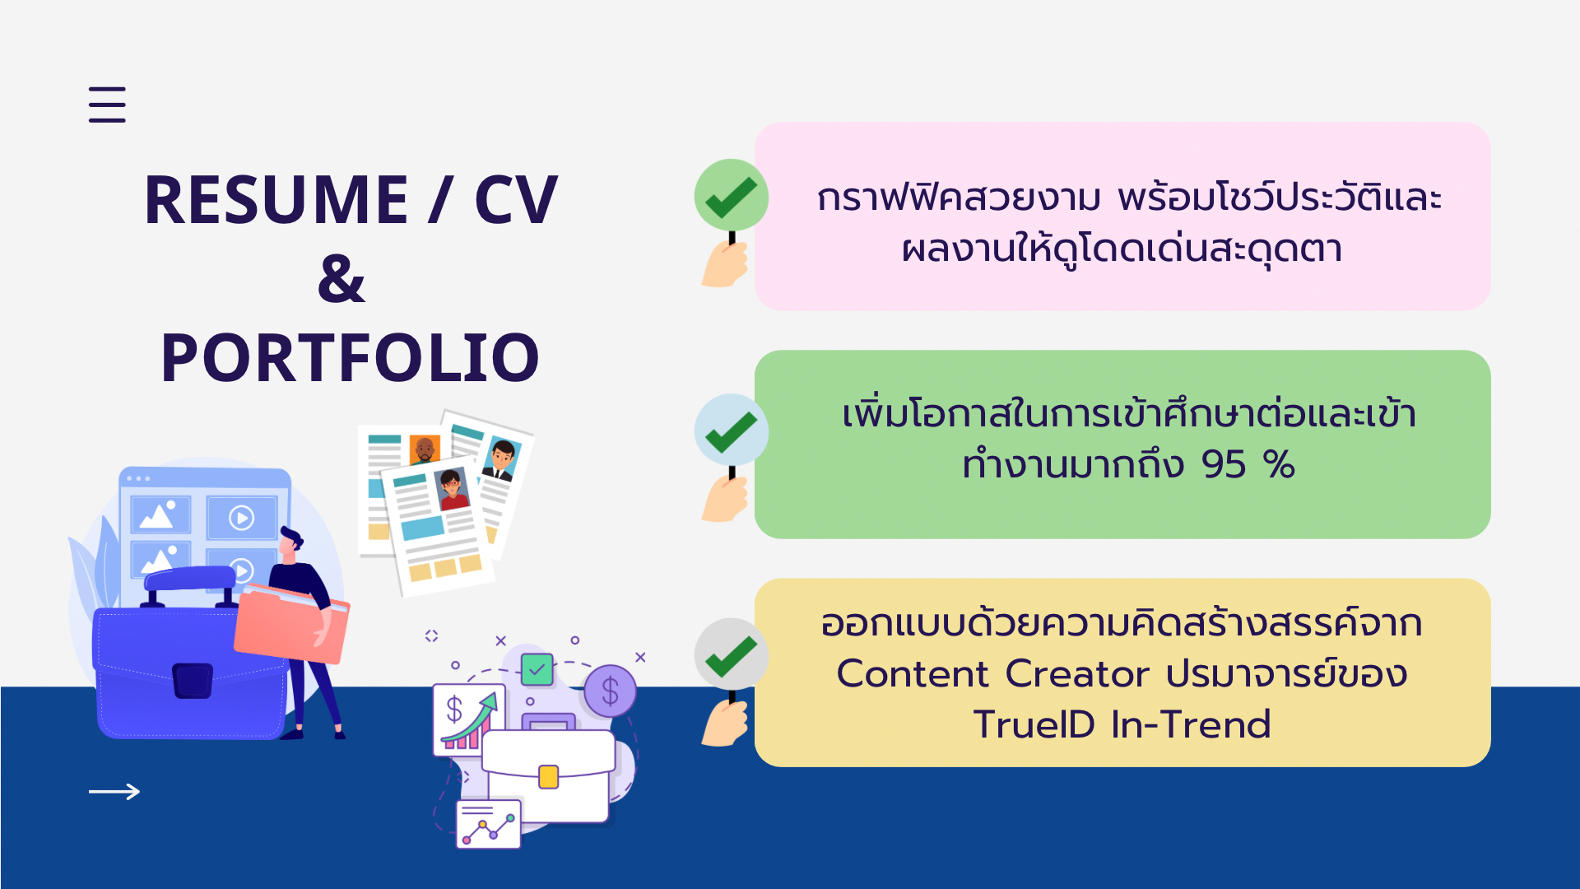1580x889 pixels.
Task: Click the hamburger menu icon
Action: pyautogui.click(x=107, y=105)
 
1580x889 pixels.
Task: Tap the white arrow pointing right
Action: pyautogui.click(x=114, y=792)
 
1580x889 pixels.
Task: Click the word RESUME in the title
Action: pyautogui.click(x=276, y=200)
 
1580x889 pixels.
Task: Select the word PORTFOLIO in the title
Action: pyautogui.click(x=350, y=358)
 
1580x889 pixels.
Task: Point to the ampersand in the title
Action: pyautogui.click(x=341, y=278)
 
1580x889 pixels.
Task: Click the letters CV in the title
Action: pyautogui.click(x=516, y=200)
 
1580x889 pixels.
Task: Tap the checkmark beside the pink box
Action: pyautogui.click(x=731, y=197)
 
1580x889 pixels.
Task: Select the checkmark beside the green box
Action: pyautogui.click(x=731, y=432)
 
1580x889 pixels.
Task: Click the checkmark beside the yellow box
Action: pyautogui.click(x=731, y=656)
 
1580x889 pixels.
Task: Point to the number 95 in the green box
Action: pyautogui.click(x=1224, y=465)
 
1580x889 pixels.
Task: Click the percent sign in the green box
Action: pyautogui.click(x=1280, y=465)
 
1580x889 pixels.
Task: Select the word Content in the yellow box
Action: pyautogui.click(x=913, y=674)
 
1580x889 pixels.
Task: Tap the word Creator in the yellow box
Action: pyautogui.click(x=1077, y=674)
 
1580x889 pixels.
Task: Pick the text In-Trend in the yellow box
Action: pyautogui.click(x=1191, y=725)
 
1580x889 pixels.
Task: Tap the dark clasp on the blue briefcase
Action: pyautogui.click(x=193, y=681)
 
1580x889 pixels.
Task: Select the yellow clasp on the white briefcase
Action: pyautogui.click(x=548, y=776)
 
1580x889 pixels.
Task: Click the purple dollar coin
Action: pyautogui.click(x=610, y=691)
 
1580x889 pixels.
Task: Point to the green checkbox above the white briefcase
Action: pyautogui.click(x=537, y=669)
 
